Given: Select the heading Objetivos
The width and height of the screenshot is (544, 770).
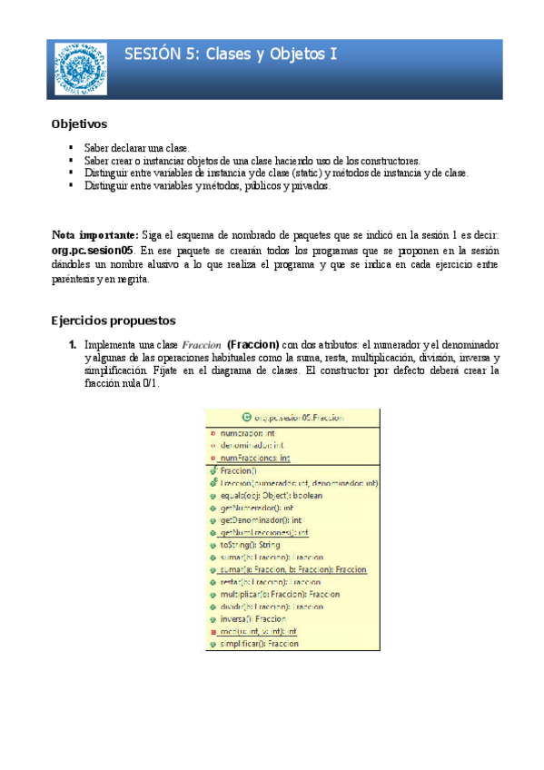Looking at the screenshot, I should tap(79, 123).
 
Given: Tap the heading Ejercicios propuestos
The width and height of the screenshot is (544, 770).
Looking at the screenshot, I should tap(113, 321).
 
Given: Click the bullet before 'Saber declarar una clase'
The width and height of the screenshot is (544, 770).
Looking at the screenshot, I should tap(71, 147).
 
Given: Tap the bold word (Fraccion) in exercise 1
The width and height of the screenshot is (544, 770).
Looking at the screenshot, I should tap(252, 346).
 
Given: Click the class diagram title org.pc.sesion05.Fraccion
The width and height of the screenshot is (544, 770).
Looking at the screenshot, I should tap(299, 418).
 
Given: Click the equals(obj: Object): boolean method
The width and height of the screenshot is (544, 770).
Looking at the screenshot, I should tap(272, 496).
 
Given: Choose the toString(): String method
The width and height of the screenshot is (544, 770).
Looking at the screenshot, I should tap(251, 545).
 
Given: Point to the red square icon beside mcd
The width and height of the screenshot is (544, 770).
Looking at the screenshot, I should tap(213, 631).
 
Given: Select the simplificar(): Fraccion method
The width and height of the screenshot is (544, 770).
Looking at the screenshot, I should tap(260, 643).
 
